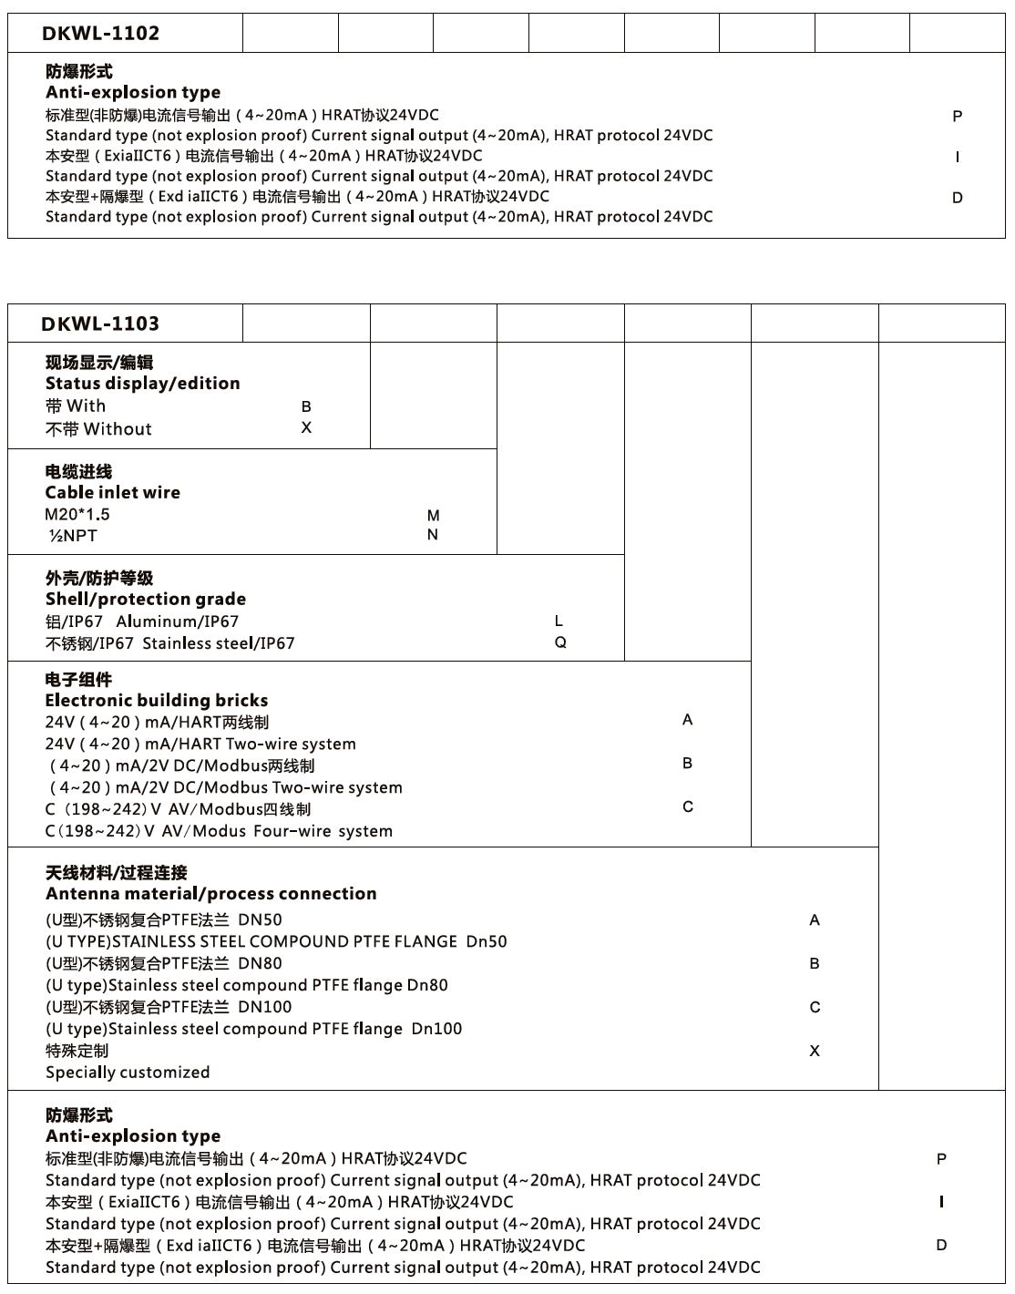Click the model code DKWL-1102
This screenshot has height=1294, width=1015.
100,34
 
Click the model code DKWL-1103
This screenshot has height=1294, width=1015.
100,323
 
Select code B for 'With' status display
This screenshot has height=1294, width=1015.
306,407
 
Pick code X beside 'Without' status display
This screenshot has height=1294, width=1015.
306,427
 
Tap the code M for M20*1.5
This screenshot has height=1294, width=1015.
433,516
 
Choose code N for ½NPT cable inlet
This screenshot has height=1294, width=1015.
433,535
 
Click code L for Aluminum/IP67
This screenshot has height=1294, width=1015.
559,621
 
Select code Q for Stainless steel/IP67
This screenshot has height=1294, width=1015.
560,642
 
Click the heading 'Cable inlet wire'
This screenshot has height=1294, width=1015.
113,493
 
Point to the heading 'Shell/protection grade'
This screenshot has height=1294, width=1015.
146,600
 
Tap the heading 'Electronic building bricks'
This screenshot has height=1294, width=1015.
157,701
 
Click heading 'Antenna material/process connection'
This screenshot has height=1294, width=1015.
211,894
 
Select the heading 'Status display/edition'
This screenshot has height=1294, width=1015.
143,384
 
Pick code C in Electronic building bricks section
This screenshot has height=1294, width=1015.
688,807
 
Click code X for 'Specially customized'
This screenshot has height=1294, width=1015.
815,1051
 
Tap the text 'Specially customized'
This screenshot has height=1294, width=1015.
128,1073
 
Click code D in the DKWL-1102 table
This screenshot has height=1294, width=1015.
957,198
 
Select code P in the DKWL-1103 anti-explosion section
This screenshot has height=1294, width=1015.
941,1159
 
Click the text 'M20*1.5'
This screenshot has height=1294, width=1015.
77,515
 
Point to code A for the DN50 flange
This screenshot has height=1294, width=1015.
815,920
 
